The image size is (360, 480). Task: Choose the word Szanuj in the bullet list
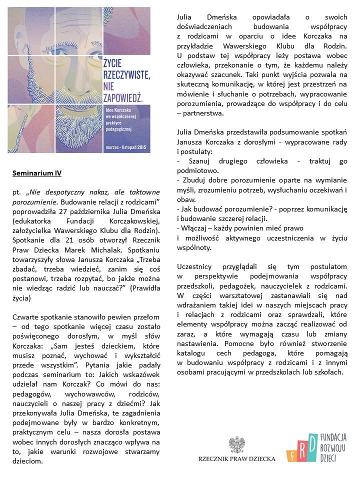tap(202, 160)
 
